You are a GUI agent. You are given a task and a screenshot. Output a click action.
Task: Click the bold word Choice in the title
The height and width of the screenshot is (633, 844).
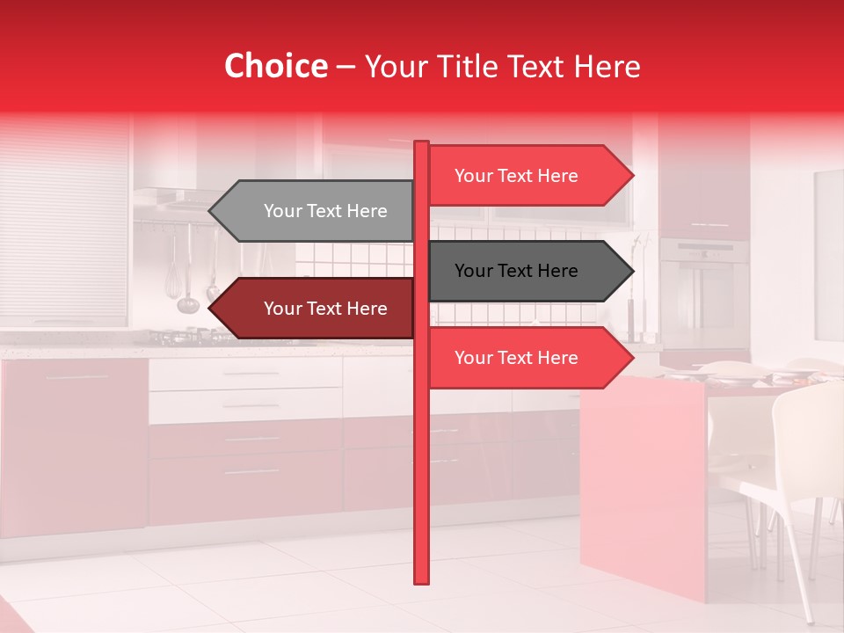click(x=275, y=67)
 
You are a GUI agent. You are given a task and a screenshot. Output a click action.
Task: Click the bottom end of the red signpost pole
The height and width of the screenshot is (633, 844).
click(x=421, y=580)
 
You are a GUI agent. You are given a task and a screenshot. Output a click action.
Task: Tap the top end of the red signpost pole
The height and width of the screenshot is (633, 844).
click(x=421, y=144)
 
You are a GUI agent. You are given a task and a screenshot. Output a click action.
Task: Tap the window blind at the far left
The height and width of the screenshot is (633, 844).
click(x=63, y=220)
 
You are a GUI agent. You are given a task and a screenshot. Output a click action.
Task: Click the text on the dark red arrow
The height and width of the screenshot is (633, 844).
click(x=325, y=309)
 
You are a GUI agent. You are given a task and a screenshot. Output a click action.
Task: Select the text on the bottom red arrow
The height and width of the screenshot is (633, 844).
click(x=516, y=358)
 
